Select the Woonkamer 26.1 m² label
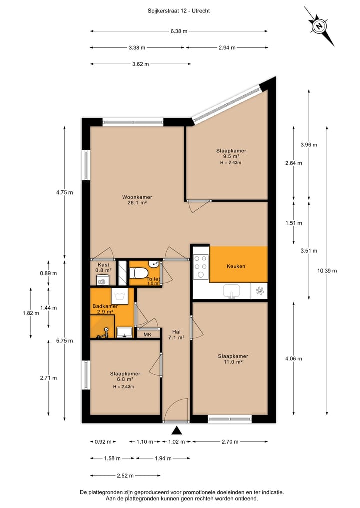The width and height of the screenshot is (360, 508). click(x=137, y=200)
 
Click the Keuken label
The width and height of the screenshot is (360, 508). click(x=236, y=266)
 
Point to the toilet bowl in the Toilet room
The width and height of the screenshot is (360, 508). click(x=139, y=273)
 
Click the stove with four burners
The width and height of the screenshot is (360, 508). click(x=201, y=266)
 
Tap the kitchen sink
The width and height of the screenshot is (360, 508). click(x=231, y=290)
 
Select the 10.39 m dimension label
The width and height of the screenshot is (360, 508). click(x=327, y=271)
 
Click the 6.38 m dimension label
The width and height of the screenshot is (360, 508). click(x=179, y=31)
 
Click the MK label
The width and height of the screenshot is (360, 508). click(x=147, y=334)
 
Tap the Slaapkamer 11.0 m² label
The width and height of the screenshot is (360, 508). click(x=233, y=359)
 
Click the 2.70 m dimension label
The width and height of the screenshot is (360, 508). click(x=230, y=442)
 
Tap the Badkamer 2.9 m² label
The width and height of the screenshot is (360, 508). click(x=105, y=309)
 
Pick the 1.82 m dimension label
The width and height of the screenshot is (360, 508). click(x=30, y=313)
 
